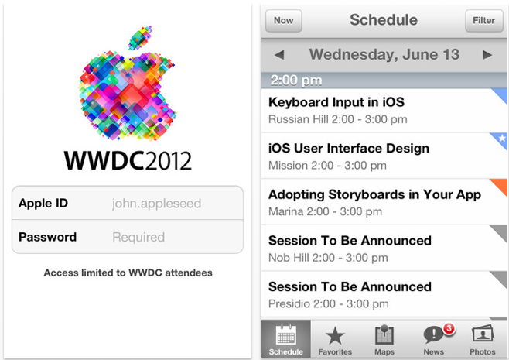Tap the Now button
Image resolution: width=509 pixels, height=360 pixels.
pos(284,20)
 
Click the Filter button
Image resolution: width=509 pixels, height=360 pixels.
pos(484,20)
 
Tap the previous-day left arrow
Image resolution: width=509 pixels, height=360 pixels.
pos(279,55)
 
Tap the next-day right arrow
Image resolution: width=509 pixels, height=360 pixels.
pos(487,55)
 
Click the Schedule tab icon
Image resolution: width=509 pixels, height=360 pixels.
pos(286,334)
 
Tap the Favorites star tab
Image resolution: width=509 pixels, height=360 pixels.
pos(335,339)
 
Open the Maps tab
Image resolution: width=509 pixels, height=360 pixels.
pos(384,339)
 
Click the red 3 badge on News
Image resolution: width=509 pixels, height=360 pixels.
pos(449,328)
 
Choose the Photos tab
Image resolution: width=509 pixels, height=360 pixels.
pos(483,339)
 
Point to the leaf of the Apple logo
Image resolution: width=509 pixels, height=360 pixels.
pos(140,39)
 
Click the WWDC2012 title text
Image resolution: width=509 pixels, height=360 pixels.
pos(128,160)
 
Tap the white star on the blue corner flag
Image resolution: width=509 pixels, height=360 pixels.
pos(502,138)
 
